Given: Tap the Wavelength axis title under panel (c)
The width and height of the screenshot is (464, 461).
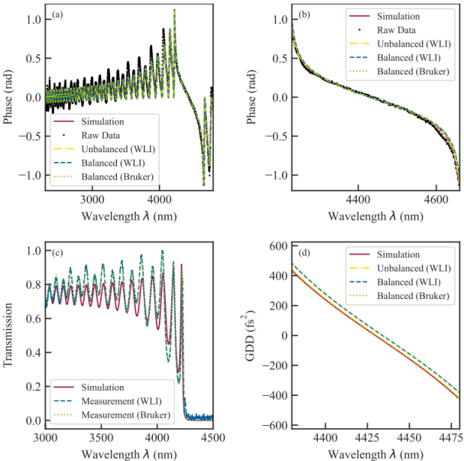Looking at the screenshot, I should tap(129, 451).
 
